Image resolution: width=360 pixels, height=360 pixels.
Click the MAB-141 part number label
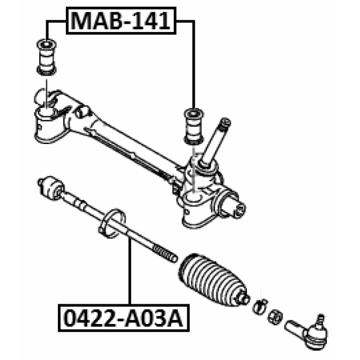(121, 21)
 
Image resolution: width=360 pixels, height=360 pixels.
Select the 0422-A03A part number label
(124, 318)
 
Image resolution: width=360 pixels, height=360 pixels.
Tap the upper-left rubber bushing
(47, 57)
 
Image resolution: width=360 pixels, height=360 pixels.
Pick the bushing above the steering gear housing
(193, 127)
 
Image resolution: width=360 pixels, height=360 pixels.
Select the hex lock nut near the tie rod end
(275, 317)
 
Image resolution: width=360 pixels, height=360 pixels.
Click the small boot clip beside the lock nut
(260, 307)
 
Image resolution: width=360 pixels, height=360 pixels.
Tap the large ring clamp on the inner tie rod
(112, 223)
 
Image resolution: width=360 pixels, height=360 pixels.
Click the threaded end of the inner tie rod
(165, 254)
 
